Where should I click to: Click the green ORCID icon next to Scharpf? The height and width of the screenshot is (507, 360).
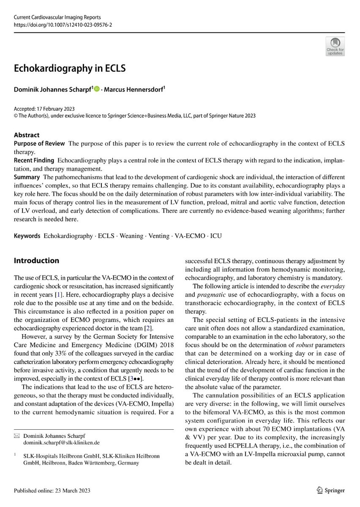(x=97, y=89)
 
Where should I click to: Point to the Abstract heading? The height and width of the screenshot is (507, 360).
(x=27, y=135)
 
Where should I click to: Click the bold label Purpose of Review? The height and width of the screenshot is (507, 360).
(x=39, y=144)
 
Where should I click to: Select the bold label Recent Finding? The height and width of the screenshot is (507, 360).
(x=34, y=160)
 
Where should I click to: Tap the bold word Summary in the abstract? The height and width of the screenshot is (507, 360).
(x=27, y=177)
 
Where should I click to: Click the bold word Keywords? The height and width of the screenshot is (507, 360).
(x=27, y=236)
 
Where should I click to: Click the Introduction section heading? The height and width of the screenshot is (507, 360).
(x=36, y=261)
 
